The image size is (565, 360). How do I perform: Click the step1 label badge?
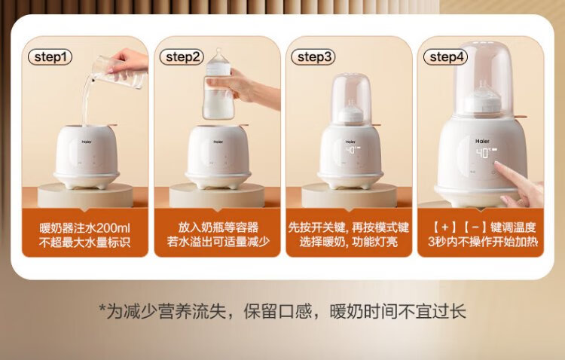50,57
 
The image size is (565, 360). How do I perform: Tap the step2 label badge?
182,57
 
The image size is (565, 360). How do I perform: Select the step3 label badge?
313,57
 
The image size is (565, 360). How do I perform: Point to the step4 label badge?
446,57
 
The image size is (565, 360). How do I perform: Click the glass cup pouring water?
119,72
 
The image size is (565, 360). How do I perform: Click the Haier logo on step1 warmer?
87,142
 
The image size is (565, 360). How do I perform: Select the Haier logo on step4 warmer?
482,142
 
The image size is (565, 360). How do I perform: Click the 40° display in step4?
484,153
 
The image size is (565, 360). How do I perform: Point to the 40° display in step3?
350,151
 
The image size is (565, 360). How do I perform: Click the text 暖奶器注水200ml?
85,228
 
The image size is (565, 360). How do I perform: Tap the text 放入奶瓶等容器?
218,227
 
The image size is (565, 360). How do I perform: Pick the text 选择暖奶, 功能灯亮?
349,242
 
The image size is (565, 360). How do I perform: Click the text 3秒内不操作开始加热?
483,242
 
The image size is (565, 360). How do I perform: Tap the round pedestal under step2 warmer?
217,195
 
